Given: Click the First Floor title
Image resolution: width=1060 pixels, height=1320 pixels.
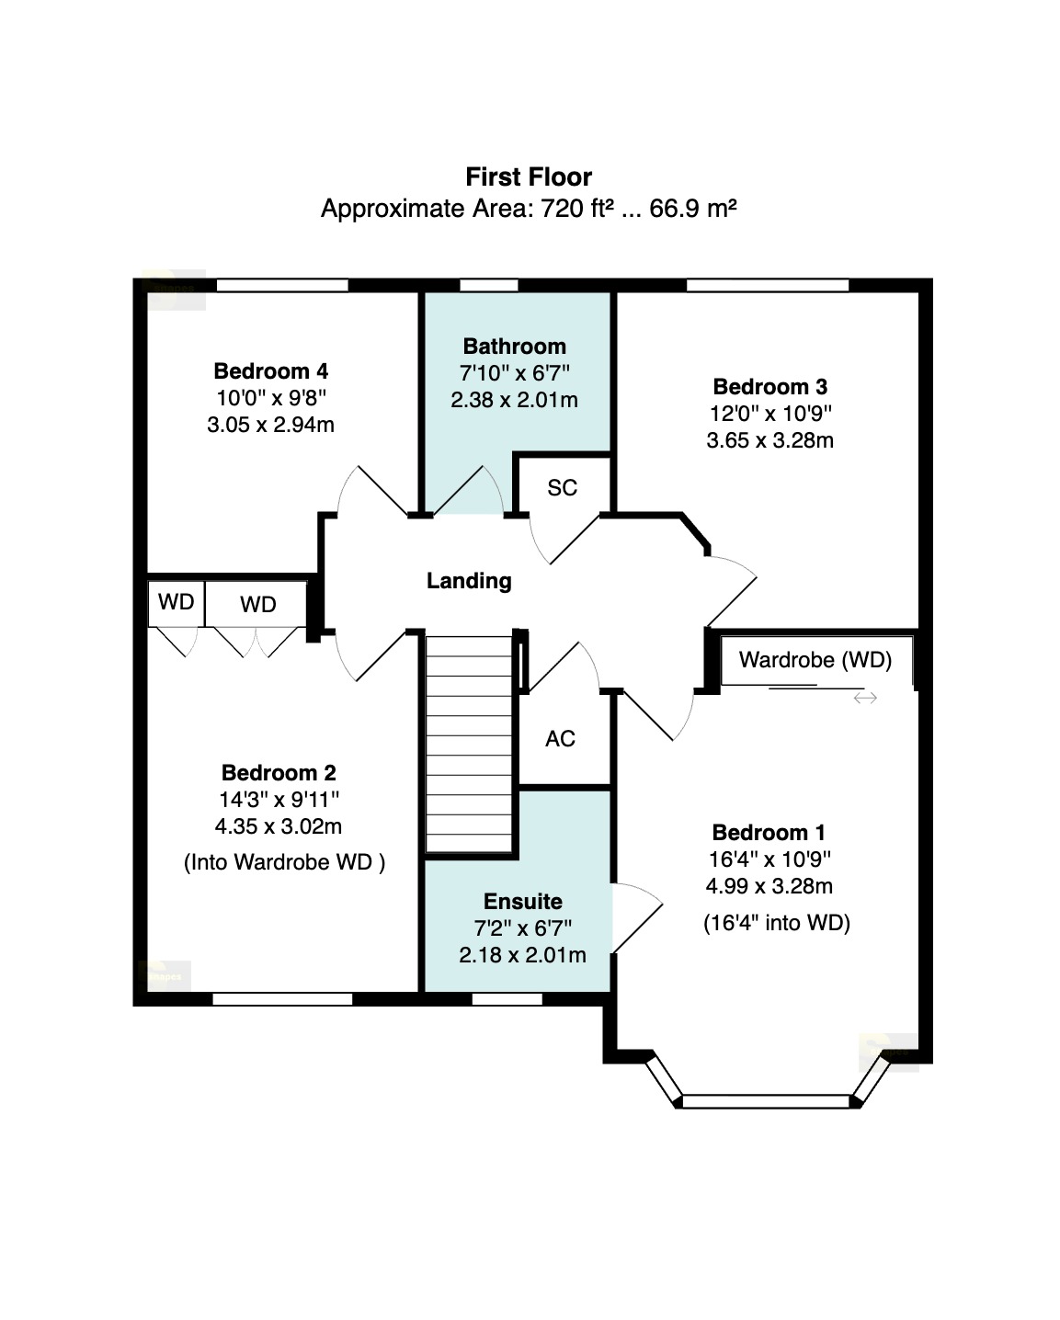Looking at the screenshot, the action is pos(529,177).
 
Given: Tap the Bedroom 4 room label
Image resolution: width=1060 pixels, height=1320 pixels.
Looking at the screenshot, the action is pos(270,371).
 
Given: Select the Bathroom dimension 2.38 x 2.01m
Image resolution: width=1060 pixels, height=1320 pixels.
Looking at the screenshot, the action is pos(514,400).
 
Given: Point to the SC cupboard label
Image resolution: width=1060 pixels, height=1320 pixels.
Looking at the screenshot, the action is pos(562,488).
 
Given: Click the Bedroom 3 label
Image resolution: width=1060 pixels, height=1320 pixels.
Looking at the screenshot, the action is pos(769,387).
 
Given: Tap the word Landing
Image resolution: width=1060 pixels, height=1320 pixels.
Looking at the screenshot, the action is pos(469,581).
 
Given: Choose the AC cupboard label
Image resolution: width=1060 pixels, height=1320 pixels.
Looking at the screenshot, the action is pos(560,739).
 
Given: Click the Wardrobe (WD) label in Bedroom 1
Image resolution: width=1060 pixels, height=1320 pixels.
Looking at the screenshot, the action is pos(815,660).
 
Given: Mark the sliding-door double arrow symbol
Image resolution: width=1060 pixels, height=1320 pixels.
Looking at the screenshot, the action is pos(865,698).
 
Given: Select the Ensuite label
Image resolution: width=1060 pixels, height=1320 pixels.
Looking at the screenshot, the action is pos(522,902).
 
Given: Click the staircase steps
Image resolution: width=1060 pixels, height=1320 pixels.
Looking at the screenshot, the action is pos(469,744).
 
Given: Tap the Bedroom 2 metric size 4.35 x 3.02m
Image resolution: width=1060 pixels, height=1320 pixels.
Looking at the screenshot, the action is pos(279,826).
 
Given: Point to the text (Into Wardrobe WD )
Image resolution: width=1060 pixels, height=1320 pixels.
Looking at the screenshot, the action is pos(285,862).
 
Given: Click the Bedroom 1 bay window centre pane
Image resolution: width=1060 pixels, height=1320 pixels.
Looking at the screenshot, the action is pos(766,1101).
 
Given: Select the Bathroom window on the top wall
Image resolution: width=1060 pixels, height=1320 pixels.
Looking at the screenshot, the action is pos(489,285).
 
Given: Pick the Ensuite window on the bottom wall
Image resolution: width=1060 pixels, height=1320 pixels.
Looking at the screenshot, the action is pos(507,999).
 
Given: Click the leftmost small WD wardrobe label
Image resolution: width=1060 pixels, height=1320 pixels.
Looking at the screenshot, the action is pos(176,602).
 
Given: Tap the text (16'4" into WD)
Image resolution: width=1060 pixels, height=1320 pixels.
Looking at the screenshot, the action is pos(777,923).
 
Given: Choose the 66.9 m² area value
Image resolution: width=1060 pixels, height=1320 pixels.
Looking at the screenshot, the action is pos(693,209).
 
